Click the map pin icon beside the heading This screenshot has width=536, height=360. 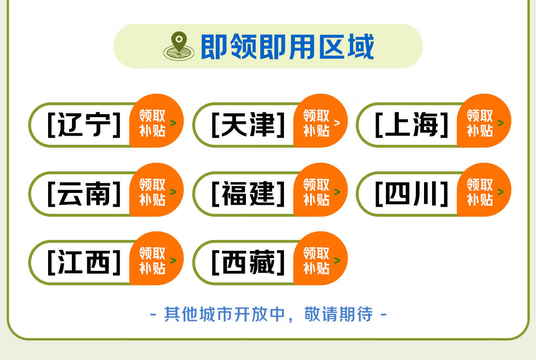[179, 46]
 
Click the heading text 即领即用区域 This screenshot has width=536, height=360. [287, 47]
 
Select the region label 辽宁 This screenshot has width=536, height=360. [84, 125]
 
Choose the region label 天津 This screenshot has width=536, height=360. [248, 125]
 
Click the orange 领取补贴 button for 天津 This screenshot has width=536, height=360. [321, 121]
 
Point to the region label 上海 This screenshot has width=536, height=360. [412, 125]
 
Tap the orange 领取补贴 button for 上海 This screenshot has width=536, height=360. [484, 121]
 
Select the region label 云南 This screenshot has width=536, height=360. [84, 194]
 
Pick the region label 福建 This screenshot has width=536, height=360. [248, 194]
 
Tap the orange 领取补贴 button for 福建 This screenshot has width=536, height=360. [321, 190]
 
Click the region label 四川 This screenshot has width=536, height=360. [412, 194]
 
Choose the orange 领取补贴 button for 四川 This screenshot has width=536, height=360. [484, 190]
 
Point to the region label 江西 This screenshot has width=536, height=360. [84, 262]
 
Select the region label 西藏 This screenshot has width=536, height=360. [248, 262]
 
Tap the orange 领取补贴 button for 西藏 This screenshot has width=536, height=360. [321, 259]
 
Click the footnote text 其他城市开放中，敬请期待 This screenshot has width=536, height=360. [268, 314]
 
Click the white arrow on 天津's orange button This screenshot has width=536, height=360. [337, 122]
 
